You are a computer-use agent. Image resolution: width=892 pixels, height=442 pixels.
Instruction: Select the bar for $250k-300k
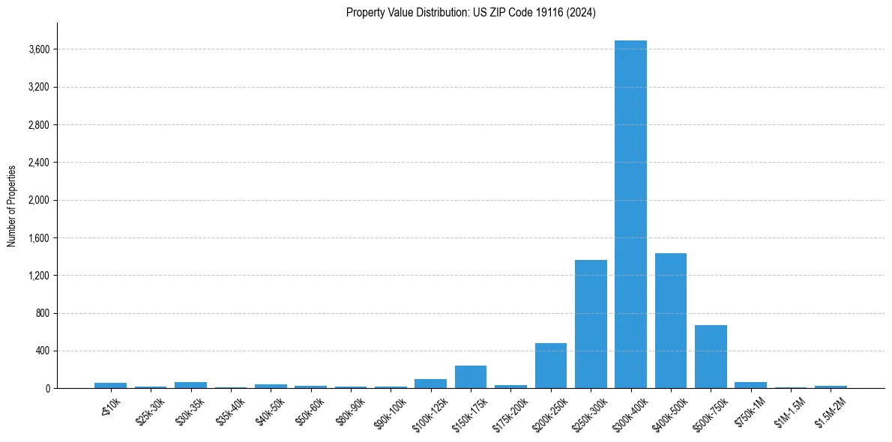pyautogui.click(x=591, y=324)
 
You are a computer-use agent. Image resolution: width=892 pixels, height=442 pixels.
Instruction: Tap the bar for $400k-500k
pyautogui.click(x=671, y=321)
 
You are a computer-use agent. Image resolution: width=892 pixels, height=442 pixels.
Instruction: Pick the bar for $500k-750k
pyautogui.click(x=711, y=357)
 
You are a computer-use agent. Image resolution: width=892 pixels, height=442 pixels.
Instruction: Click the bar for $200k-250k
pyautogui.click(x=551, y=366)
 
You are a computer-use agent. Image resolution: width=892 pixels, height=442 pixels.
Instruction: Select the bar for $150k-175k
pyautogui.click(x=471, y=377)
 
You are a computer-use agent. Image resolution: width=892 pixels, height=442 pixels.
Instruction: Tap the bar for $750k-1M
pyautogui.click(x=750, y=385)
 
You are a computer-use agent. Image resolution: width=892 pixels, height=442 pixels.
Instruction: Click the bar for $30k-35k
pyautogui.click(x=190, y=385)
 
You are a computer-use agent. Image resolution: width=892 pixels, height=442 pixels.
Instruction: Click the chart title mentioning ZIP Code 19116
pyautogui.click(x=471, y=13)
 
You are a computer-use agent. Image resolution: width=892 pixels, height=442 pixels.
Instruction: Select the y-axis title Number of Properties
pyautogui.click(x=12, y=205)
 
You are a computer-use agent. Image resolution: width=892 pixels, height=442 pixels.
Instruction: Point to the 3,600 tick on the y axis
pyautogui.click(x=38, y=49)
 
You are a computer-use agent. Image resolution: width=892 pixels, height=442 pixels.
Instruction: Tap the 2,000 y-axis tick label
pyautogui.click(x=38, y=200)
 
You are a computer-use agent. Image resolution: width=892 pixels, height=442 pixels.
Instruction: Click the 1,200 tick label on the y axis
pyautogui.click(x=38, y=276)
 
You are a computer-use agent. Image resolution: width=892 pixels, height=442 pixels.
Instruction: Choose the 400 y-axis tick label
pyautogui.click(x=42, y=351)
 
